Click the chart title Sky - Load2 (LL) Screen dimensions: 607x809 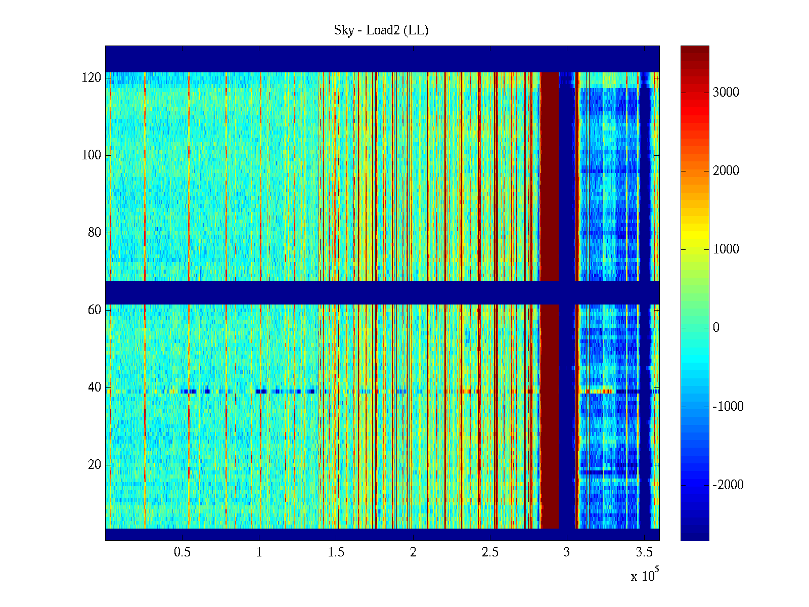[381, 30]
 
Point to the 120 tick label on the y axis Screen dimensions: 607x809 [92, 78]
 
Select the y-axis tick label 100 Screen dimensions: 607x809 [92, 155]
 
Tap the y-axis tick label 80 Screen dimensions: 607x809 [95, 233]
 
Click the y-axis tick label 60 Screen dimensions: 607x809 [95, 310]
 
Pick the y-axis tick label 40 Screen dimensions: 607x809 [95, 387]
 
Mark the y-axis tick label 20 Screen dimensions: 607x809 [95, 465]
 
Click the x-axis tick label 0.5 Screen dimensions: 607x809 [182, 552]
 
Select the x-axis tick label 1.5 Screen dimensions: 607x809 [336, 552]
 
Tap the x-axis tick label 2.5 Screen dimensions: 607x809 [490, 552]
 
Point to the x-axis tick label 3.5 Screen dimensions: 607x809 [644, 552]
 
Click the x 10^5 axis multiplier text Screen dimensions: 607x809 [645, 576]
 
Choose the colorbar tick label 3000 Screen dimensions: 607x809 [726, 92]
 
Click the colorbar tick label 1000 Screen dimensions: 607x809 [726, 249]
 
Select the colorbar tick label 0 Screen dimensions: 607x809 [716, 328]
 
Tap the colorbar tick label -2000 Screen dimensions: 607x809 [728, 485]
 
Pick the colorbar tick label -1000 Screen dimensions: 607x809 [728, 407]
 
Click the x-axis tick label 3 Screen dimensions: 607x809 [567, 552]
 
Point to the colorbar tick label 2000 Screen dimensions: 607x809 [726, 171]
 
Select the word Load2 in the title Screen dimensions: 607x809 [383, 30]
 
